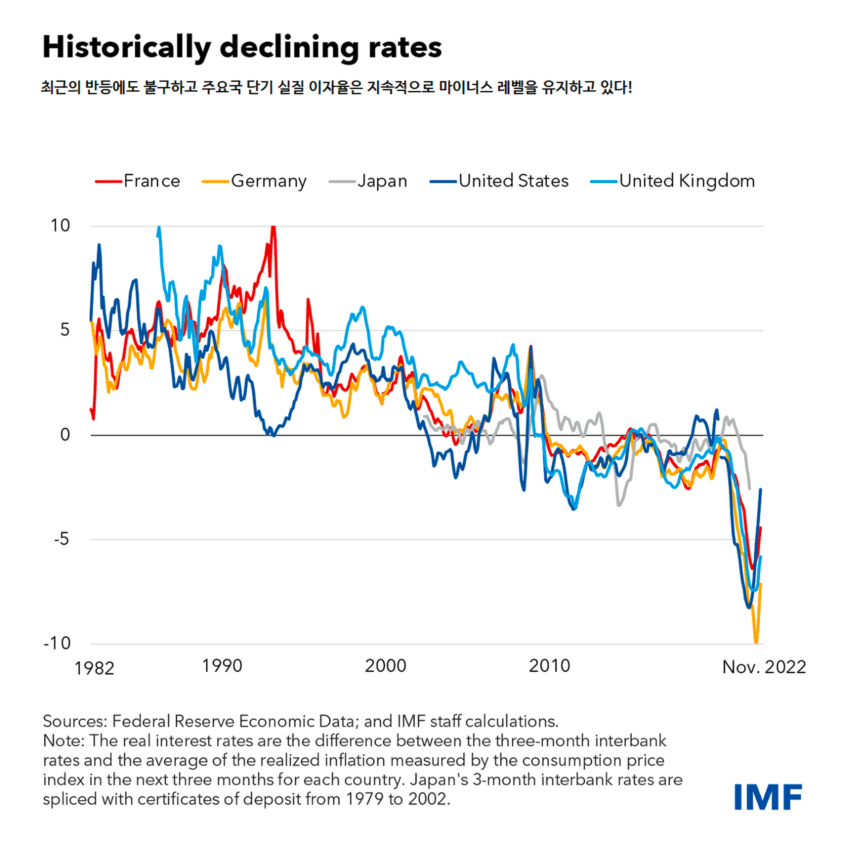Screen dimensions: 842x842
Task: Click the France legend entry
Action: tap(138, 181)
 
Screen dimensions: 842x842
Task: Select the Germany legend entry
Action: tap(255, 181)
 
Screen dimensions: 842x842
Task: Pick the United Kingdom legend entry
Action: tap(672, 181)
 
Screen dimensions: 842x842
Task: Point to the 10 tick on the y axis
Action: tap(60, 226)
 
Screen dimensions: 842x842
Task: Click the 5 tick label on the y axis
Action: tap(65, 330)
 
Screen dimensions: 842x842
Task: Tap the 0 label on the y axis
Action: tap(65, 434)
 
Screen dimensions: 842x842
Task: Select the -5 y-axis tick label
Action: tap(61, 539)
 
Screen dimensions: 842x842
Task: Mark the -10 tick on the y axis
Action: tap(57, 643)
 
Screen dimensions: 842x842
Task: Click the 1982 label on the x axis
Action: tap(94, 668)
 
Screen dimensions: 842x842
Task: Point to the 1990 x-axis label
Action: tap(222, 666)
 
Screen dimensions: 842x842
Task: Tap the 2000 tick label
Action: tap(385, 666)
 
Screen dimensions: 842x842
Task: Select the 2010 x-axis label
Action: tap(549, 666)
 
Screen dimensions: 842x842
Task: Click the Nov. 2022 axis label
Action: tap(764, 667)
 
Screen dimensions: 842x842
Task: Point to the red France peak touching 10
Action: tap(273, 227)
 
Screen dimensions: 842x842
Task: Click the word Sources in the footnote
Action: tap(75, 721)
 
